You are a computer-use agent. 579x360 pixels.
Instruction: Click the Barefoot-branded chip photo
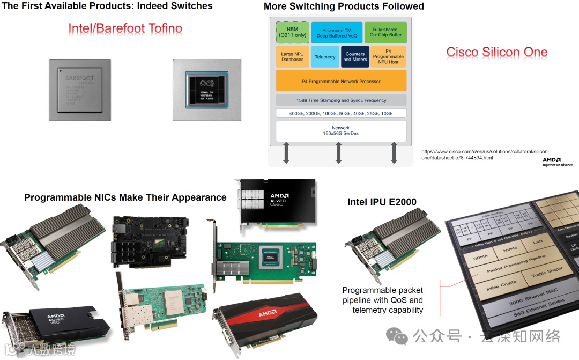coord(80,90)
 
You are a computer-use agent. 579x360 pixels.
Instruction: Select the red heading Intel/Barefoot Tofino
coord(125,28)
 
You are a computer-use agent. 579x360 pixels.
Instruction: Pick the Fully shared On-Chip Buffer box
coord(385,33)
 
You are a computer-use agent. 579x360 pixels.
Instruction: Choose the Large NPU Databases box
coord(292,56)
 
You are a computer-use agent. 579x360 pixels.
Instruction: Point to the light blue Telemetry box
coord(325,57)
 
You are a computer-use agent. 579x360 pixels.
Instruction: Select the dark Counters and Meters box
coord(355,56)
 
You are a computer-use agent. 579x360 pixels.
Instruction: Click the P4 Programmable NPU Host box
coord(388,56)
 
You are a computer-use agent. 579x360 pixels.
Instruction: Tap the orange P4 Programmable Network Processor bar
coord(341,82)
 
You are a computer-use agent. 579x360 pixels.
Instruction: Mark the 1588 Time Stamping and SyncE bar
coord(341,100)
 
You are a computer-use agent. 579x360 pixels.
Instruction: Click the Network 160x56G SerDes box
coord(341,131)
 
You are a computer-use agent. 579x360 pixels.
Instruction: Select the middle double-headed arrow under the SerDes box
coord(339,153)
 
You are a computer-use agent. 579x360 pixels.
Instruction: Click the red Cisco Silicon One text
coord(497,52)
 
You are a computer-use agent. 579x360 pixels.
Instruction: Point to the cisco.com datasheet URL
coord(485,155)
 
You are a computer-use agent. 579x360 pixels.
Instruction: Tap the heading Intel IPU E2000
coord(382,202)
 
